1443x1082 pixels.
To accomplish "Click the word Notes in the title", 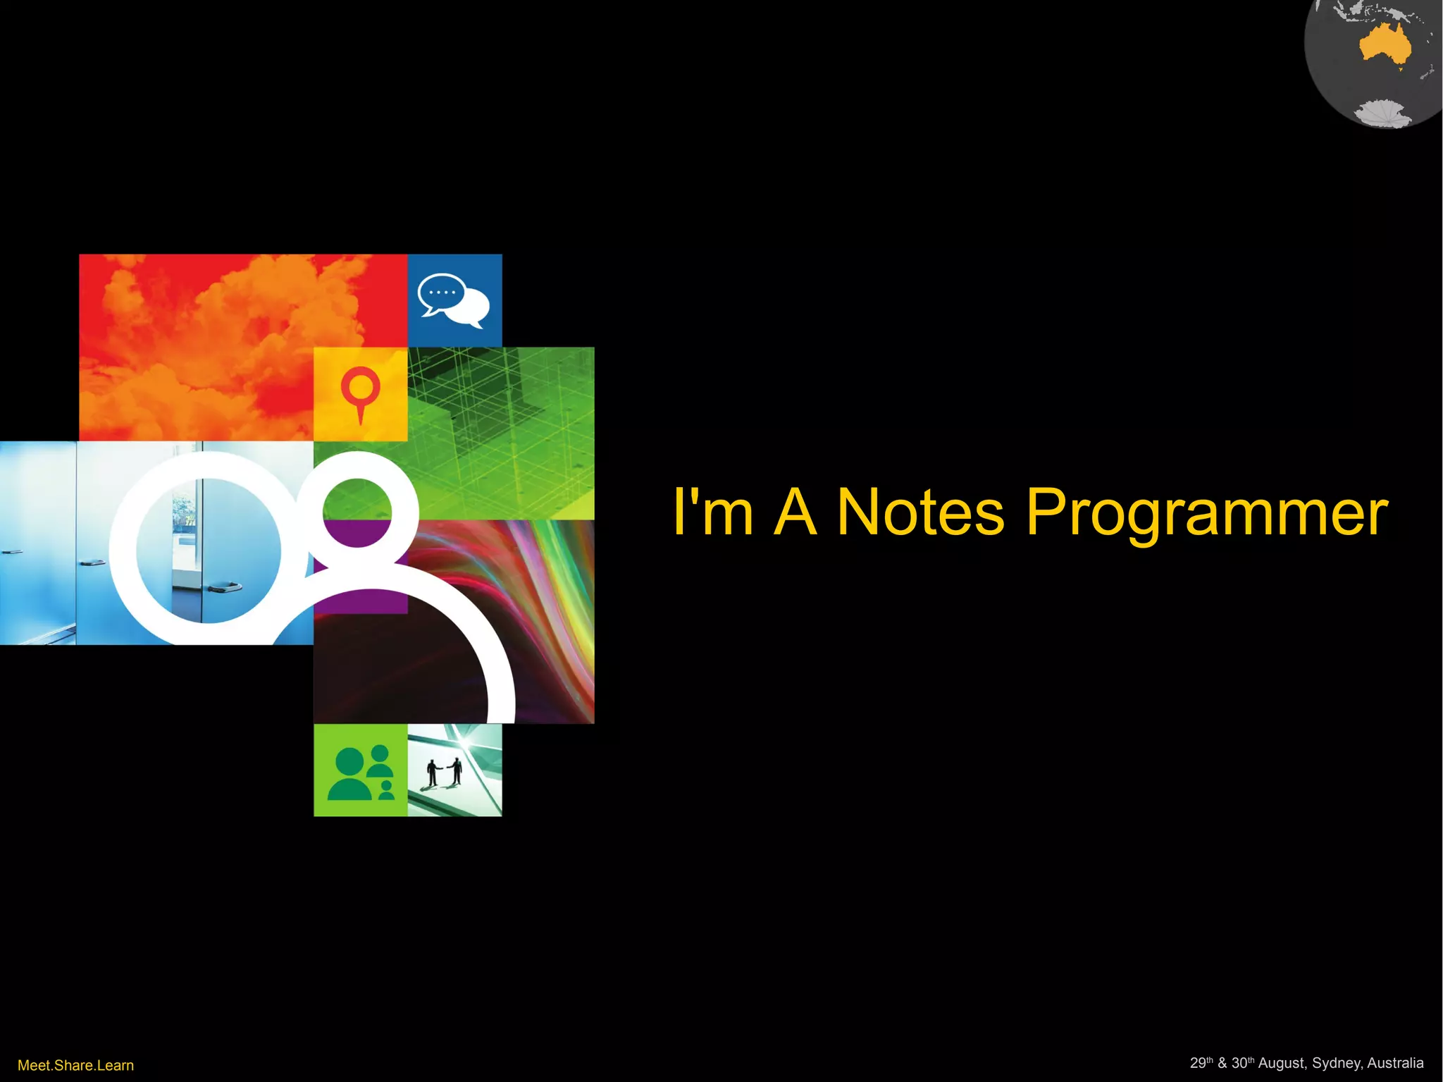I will coord(920,512).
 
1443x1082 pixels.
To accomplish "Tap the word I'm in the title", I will coord(712,512).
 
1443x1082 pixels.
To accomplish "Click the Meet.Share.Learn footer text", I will coord(75,1065).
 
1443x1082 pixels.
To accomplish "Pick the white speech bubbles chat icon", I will coord(454,300).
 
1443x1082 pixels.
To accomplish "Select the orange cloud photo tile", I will coord(211,338).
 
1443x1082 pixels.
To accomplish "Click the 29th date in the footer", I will coord(1201,1063).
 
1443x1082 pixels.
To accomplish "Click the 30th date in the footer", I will coord(1242,1063).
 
